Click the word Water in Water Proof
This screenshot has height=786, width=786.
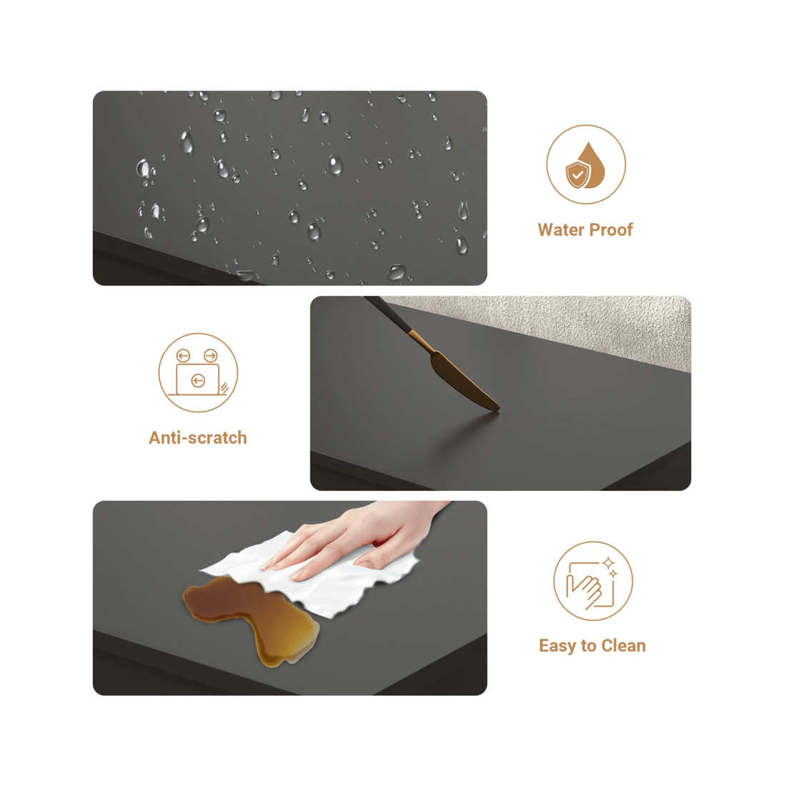[x=560, y=229]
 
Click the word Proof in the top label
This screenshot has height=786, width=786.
[x=610, y=229]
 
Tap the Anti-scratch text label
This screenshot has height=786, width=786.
[x=197, y=437]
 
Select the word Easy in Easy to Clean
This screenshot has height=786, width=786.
[x=557, y=646]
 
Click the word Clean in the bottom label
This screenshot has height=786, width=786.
[x=624, y=646]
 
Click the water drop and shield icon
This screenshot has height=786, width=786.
[x=586, y=164]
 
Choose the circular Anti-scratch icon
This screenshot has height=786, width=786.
[x=198, y=372]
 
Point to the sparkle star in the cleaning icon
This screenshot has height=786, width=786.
[x=609, y=564]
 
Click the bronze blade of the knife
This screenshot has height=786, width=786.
[x=464, y=379]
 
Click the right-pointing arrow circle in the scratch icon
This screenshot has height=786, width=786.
[x=211, y=356]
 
